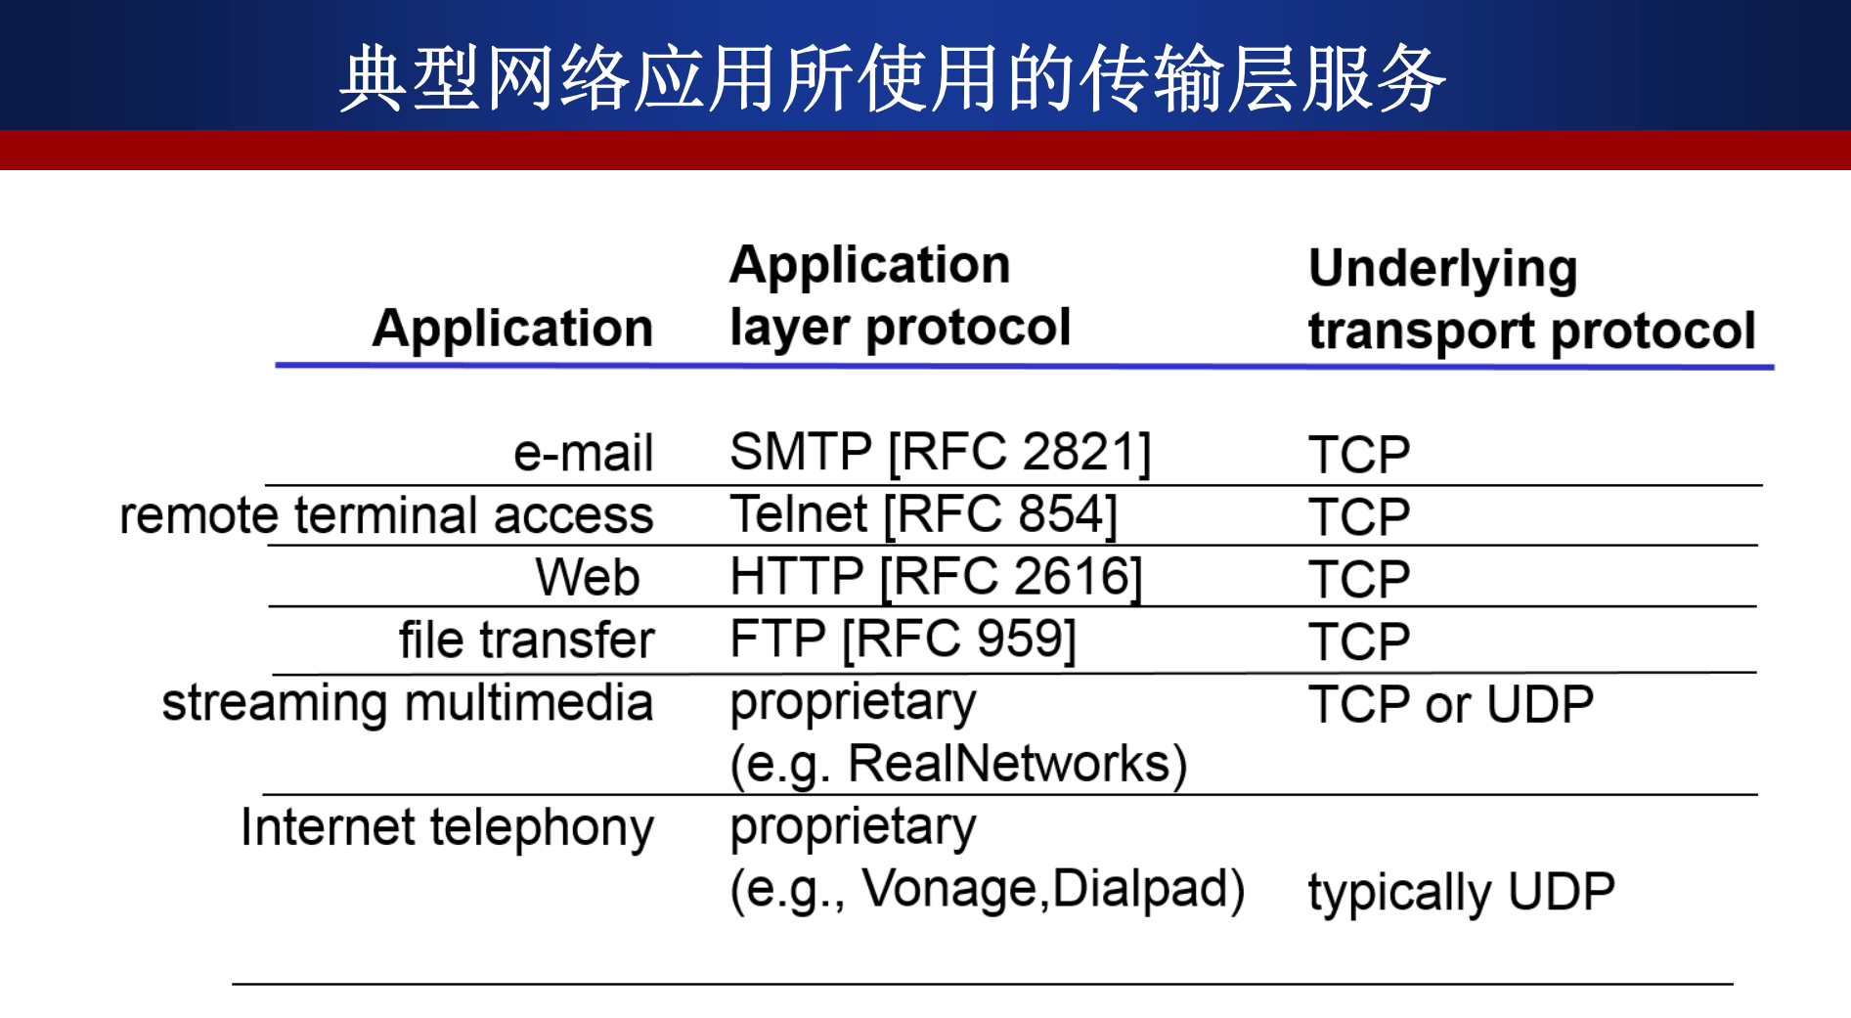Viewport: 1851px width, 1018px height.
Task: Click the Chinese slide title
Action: [x=892, y=78]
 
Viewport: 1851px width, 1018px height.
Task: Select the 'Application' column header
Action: [x=512, y=328]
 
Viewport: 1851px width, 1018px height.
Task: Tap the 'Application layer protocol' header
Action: [x=900, y=296]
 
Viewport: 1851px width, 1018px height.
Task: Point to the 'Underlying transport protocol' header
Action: [x=1530, y=299]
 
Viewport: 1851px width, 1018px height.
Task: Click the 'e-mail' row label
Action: [x=583, y=453]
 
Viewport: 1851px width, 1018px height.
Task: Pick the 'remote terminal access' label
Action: [x=386, y=515]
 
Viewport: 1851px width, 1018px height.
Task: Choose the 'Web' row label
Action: [x=588, y=577]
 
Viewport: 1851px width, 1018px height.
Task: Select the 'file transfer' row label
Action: [x=526, y=640]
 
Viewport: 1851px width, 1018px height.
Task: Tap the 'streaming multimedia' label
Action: [x=407, y=703]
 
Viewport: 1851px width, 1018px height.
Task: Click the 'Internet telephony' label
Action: [x=447, y=827]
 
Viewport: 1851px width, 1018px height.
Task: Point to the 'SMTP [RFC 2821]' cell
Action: [x=940, y=452]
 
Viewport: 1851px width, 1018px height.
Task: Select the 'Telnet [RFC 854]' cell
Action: [x=923, y=514]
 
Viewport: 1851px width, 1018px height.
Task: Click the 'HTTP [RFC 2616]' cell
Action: [x=936, y=576]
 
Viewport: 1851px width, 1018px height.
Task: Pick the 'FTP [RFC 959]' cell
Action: [x=903, y=639]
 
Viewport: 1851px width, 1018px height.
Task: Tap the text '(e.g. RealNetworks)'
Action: [x=958, y=764]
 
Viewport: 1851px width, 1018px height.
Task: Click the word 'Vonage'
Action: [x=948, y=889]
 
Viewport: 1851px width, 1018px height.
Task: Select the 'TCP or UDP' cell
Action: [x=1451, y=704]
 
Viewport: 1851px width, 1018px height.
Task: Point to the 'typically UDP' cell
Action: [x=1461, y=892]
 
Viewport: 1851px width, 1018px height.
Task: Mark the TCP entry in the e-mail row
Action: [x=1359, y=455]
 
